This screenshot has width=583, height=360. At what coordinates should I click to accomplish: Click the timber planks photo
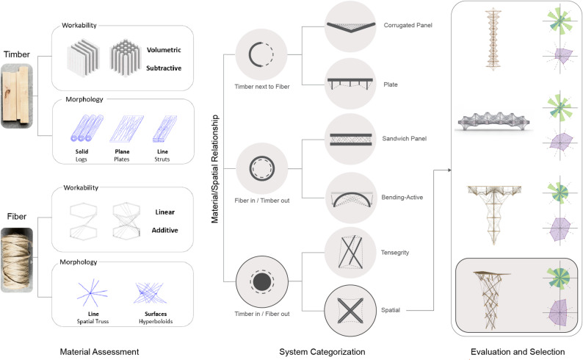point(17,96)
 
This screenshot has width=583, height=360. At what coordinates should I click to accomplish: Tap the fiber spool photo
point(17,259)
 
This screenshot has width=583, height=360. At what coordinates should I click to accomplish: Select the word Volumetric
point(164,50)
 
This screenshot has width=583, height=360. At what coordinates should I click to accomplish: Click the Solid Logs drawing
point(87,128)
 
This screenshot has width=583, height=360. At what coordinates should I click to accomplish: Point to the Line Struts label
point(162,156)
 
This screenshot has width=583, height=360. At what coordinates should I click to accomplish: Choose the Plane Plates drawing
point(126,129)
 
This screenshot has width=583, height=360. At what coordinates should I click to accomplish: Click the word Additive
point(164,230)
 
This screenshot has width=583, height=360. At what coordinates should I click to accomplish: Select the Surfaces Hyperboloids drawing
point(151,293)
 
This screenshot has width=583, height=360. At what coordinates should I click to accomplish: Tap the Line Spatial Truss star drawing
point(92,292)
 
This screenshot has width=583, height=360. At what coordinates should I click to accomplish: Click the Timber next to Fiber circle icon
point(261,54)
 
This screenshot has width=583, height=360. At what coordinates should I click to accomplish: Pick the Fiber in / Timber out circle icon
point(261,168)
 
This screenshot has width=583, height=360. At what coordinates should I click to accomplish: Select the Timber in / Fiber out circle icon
point(261,281)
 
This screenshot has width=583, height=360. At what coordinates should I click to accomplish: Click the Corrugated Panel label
point(408,25)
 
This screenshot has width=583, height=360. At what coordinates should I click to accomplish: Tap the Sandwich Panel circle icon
point(351,139)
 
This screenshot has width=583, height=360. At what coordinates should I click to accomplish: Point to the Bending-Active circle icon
point(352,198)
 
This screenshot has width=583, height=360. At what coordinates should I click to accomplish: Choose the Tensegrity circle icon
point(351,253)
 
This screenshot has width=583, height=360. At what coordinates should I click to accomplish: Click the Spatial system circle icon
point(351,311)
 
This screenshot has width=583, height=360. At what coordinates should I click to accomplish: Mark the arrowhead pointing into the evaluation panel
point(449,170)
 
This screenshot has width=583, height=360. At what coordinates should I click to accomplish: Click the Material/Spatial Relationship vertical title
point(215,168)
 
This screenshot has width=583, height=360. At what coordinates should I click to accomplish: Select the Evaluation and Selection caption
point(518,352)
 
